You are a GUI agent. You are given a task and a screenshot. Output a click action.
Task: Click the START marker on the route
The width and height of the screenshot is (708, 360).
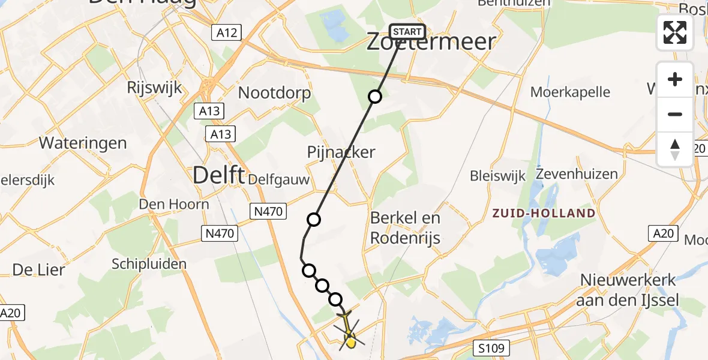(408, 32)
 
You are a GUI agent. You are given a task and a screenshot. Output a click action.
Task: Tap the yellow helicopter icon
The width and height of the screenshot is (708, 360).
(349, 332)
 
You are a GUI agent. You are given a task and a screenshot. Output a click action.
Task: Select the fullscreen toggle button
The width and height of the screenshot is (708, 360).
(675, 32)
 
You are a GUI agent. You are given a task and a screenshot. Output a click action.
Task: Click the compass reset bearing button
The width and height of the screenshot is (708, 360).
(675, 149)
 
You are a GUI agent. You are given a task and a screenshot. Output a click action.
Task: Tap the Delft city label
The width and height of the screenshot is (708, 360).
(218, 176)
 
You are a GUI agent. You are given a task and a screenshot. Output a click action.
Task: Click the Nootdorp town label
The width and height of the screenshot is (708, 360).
(275, 93)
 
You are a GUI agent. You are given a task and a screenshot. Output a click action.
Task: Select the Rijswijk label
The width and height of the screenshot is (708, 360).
(154, 88)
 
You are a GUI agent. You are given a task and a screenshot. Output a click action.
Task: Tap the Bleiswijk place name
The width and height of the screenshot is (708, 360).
(497, 176)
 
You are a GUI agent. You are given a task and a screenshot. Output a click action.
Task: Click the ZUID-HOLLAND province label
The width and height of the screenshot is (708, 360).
(544, 213)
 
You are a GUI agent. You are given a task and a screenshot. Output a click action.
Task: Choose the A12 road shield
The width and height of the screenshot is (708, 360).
(227, 32)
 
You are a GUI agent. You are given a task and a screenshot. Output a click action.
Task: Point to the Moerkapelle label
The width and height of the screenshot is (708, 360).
(571, 92)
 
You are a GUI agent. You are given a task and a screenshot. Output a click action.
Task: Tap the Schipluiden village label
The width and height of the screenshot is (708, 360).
(149, 263)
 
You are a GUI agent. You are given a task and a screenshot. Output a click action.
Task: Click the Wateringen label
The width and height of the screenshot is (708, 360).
(83, 143)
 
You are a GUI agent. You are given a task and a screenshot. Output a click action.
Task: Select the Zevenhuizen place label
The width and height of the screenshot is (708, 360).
(577, 175)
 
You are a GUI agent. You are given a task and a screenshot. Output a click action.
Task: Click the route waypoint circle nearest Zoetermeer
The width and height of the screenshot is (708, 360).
(375, 97)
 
